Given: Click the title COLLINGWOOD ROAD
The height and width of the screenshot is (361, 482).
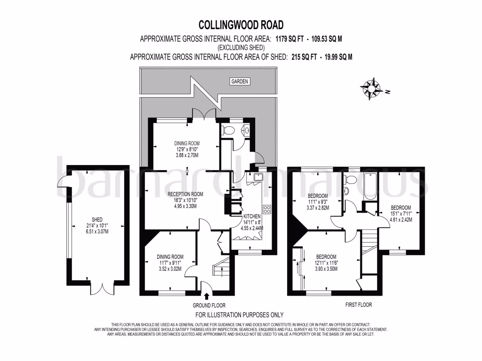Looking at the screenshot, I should (x=241, y=24).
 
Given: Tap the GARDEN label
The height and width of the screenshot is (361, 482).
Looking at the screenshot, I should (x=239, y=81).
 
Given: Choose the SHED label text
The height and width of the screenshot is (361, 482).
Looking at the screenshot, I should (x=97, y=220).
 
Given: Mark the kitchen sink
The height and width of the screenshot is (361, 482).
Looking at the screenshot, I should (x=257, y=178).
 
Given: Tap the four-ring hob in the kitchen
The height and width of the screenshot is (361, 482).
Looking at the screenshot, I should (x=268, y=210).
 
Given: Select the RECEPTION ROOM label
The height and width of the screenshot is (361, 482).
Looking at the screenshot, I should (x=187, y=194).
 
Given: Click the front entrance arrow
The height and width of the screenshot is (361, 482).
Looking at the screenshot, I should (x=207, y=295).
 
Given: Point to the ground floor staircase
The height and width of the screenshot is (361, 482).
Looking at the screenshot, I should (x=220, y=268).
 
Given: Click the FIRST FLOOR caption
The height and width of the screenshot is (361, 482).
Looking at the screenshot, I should (x=358, y=305).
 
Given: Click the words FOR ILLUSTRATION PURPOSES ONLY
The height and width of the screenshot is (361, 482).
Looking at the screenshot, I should (x=239, y=315).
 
